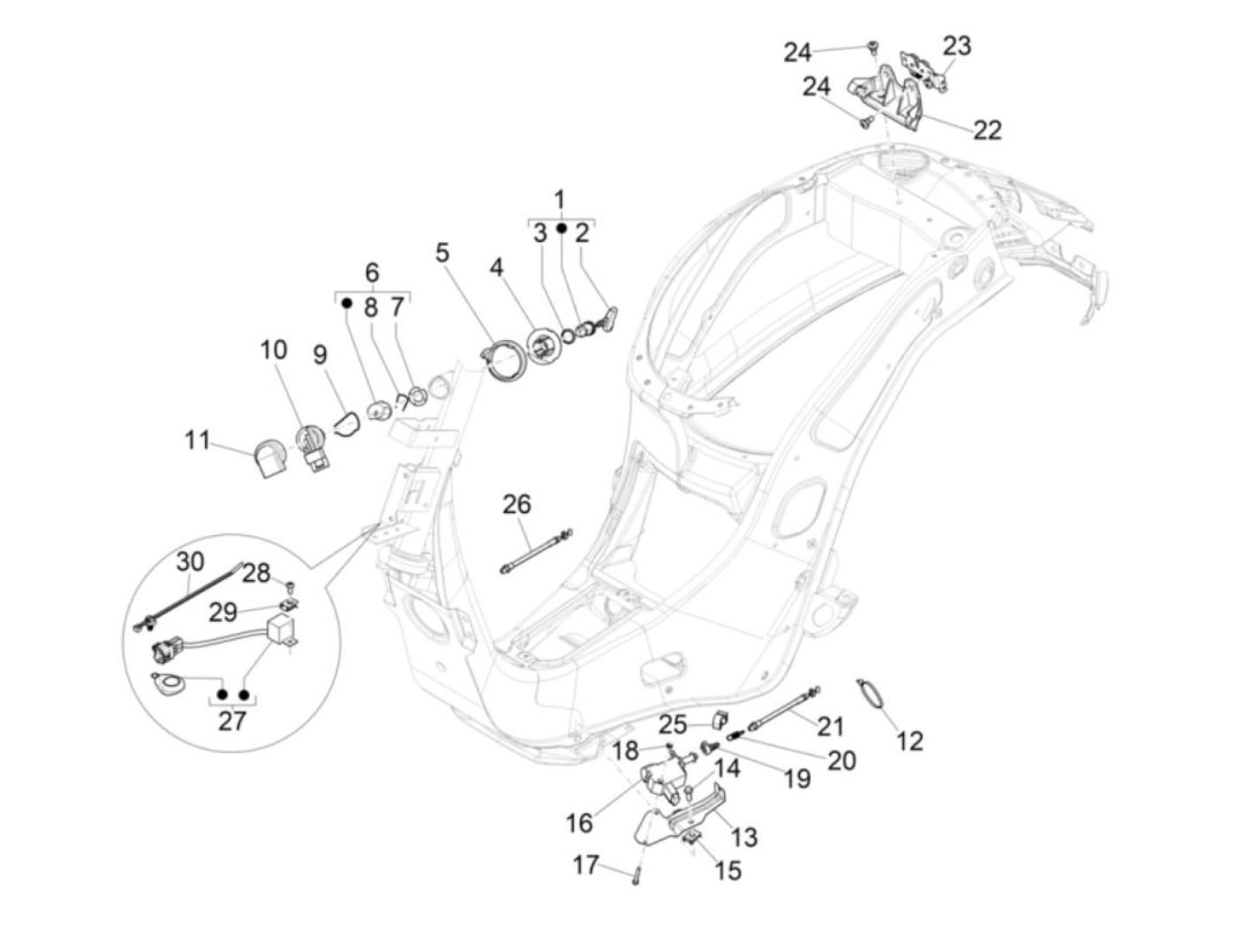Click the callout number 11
click(197, 439)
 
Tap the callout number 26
click(516, 504)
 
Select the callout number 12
click(909, 741)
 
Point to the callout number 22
click(987, 130)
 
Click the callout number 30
click(190, 562)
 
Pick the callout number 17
click(585, 865)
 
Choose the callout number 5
click(441, 253)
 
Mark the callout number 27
click(231, 721)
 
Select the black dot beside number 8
click(347, 303)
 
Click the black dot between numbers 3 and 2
click(561, 230)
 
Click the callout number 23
click(956, 45)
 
